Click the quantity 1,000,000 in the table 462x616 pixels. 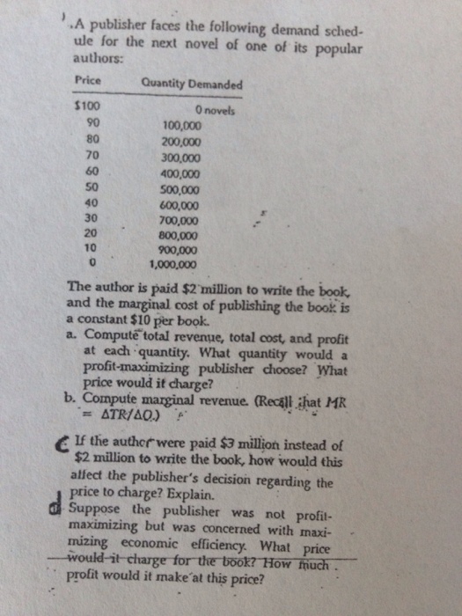[x=180, y=263]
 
